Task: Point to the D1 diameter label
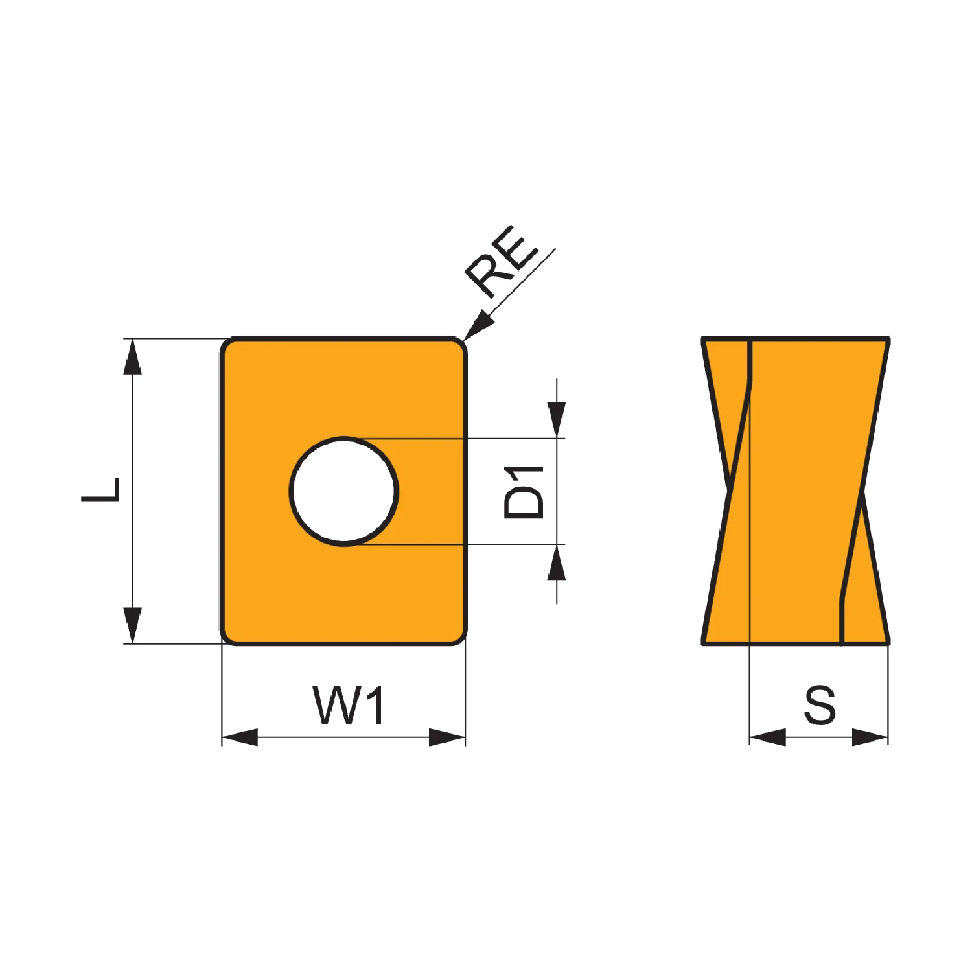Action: pos(524,492)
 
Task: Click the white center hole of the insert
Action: pos(344,491)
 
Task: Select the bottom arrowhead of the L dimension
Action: pos(132,625)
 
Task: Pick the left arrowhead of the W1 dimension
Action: pos(240,737)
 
